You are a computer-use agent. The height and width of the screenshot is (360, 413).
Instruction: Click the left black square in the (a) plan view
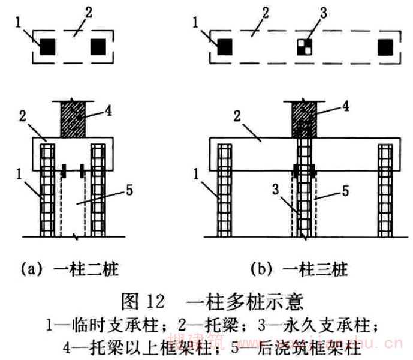[x=48, y=46]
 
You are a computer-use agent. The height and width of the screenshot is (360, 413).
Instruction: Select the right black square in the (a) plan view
[x=98, y=46]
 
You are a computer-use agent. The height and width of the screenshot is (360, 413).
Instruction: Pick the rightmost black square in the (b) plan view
[x=386, y=46]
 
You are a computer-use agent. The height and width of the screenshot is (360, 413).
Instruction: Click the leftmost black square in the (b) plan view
[x=225, y=46]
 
